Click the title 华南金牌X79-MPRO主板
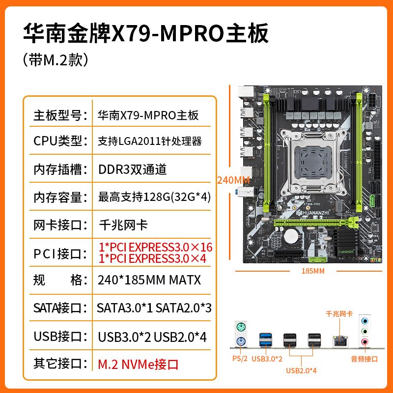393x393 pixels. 146,33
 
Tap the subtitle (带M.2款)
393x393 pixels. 56,60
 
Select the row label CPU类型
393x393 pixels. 60,141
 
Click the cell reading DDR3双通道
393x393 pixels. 132,169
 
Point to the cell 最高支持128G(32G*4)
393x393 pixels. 154,197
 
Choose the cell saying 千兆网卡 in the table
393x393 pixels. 123,225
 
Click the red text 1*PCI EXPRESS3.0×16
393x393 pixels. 155,247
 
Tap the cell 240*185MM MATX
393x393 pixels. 149,280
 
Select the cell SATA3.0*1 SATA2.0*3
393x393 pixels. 154,308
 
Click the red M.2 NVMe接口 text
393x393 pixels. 138,365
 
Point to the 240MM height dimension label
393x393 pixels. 233,180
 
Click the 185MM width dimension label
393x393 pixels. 313,271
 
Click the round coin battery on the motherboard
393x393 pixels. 291,236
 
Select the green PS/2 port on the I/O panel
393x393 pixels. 241,327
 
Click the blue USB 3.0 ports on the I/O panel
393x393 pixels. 266,339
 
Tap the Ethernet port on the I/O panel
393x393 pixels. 340,340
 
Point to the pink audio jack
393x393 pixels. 365,341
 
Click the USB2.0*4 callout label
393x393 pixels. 301,370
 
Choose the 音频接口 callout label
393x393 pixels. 365,359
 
